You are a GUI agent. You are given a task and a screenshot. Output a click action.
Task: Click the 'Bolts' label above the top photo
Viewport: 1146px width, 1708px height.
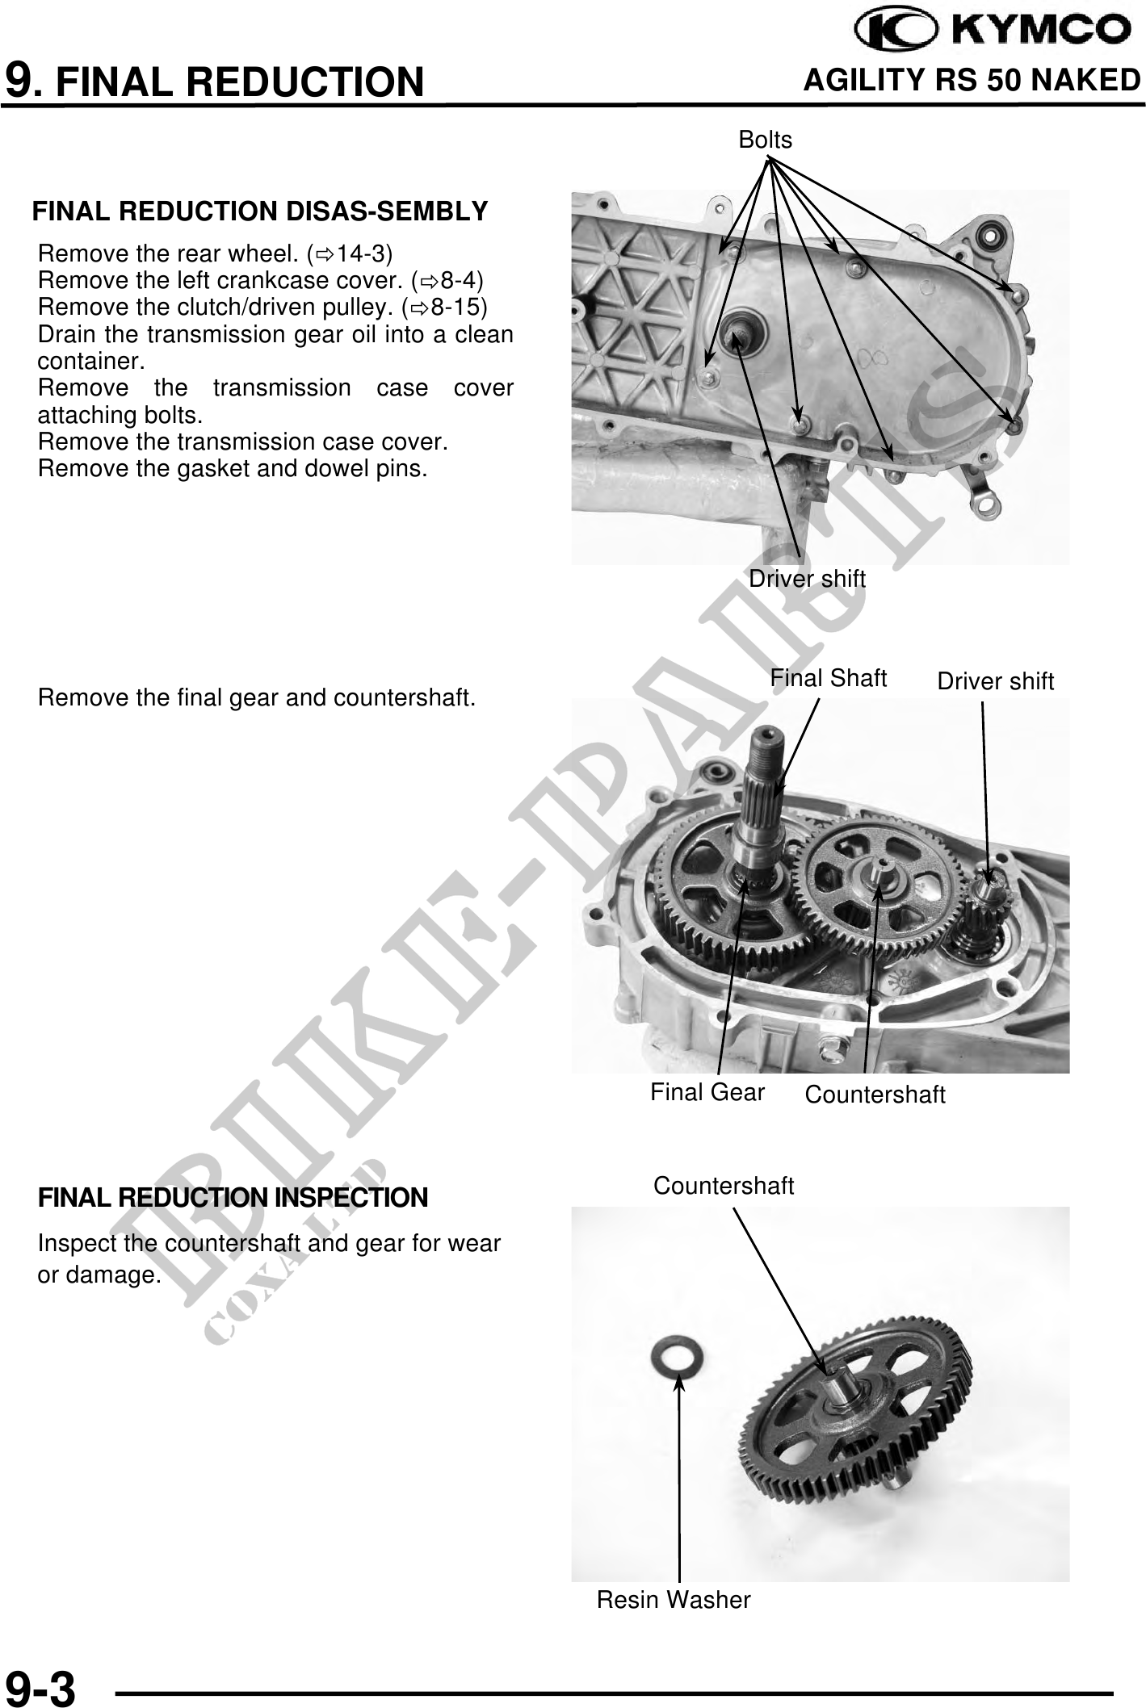click(x=765, y=140)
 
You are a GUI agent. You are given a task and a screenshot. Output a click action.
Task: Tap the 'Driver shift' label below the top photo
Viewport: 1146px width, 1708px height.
click(x=806, y=579)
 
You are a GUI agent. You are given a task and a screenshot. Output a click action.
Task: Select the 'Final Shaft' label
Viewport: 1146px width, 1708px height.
click(x=828, y=678)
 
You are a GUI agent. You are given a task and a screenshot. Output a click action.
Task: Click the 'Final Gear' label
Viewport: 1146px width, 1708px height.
click(x=707, y=1092)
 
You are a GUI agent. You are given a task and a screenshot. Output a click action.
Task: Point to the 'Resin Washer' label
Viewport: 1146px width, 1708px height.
click(x=673, y=1599)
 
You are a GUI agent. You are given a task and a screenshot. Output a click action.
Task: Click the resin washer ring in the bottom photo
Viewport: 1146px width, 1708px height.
click(x=677, y=1358)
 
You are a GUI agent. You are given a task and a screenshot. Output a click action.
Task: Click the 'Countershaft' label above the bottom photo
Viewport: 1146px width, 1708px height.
click(x=723, y=1185)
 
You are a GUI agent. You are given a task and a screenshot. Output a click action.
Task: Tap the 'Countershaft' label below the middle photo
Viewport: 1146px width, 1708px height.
click(x=875, y=1095)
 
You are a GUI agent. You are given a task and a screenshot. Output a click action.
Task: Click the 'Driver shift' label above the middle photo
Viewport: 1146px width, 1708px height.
click(x=995, y=681)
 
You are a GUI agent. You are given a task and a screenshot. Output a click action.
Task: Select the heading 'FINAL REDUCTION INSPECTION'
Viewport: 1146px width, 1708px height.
click(x=233, y=1197)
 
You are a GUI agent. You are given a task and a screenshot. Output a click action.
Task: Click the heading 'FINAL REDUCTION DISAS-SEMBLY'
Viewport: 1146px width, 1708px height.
click(x=259, y=211)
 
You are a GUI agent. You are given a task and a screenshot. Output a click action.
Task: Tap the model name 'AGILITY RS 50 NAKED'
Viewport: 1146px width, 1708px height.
click(x=972, y=81)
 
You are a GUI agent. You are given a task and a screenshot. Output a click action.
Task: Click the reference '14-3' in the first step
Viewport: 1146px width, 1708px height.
click(x=360, y=254)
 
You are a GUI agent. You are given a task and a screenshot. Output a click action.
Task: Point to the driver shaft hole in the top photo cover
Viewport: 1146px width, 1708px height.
click(x=737, y=332)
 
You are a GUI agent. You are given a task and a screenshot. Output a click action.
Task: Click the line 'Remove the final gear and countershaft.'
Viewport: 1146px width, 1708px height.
click(x=256, y=697)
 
